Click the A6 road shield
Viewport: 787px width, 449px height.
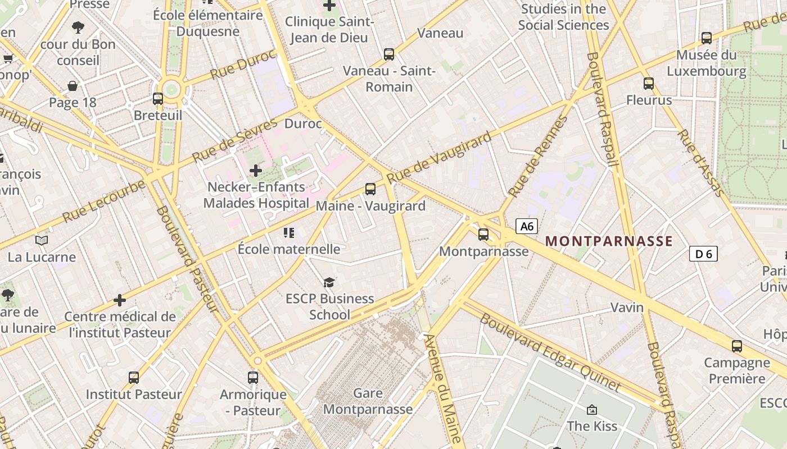[x=527, y=226]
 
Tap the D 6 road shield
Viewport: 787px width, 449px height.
[x=703, y=254]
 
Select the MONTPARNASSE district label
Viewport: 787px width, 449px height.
[x=609, y=241]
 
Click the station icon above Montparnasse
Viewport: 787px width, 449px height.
[x=483, y=235]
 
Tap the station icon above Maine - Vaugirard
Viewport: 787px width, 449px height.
[x=370, y=189]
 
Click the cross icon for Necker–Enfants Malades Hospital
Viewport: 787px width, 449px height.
[x=256, y=170]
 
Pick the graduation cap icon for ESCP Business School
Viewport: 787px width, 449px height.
[x=329, y=282]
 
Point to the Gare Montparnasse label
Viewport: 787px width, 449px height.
[x=368, y=401]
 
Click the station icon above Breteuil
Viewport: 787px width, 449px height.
[x=158, y=99]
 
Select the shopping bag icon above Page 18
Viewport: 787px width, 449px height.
[x=73, y=86]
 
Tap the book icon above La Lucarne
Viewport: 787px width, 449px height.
[x=42, y=241]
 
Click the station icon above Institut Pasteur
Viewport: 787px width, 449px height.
[x=134, y=378]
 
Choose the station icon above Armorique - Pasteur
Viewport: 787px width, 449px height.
[x=253, y=378]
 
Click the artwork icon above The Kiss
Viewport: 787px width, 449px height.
[x=591, y=410]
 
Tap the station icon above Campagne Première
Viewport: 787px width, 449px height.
[x=736, y=346]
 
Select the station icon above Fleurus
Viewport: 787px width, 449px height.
[x=649, y=84]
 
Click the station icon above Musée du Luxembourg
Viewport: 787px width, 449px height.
[x=707, y=38]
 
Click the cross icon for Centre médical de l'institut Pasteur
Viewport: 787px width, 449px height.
[x=120, y=300]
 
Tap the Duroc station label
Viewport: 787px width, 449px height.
[x=303, y=123]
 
